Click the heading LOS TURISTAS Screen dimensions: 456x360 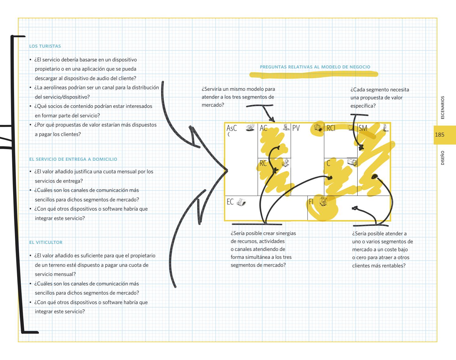coord(45,46)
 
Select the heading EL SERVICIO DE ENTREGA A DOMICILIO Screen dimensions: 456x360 coord(73,159)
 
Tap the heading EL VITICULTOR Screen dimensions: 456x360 coord(46,242)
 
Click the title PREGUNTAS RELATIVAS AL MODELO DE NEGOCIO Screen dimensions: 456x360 coord(315,67)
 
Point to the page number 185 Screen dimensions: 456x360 coord(439,134)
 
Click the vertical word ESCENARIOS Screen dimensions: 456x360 coord(443,108)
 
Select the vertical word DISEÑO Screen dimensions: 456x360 coord(443,158)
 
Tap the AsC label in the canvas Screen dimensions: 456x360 coord(232,128)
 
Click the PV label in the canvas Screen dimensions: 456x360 coord(296,128)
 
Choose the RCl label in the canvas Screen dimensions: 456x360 coord(331,128)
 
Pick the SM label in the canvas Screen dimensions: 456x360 coord(363,128)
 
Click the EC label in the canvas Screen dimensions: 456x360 coord(230,202)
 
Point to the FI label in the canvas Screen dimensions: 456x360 coord(311,202)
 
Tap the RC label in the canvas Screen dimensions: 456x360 coord(263,163)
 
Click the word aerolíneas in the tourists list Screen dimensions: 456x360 coord(53,87)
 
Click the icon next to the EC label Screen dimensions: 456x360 coord(241,202)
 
